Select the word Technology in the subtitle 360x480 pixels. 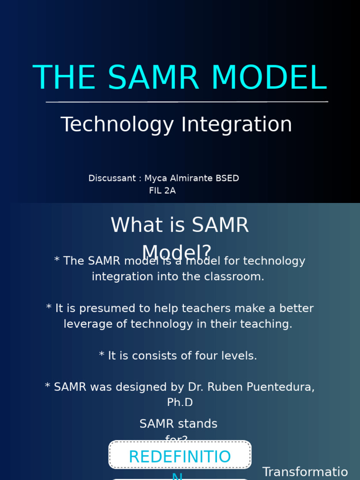click(117, 125)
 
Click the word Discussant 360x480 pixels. click(112, 179)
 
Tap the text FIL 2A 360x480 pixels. click(162, 191)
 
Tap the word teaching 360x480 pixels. click(269, 324)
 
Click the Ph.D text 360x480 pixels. click(180, 403)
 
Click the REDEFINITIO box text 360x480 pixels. click(180, 457)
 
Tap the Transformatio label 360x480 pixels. click(305, 472)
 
